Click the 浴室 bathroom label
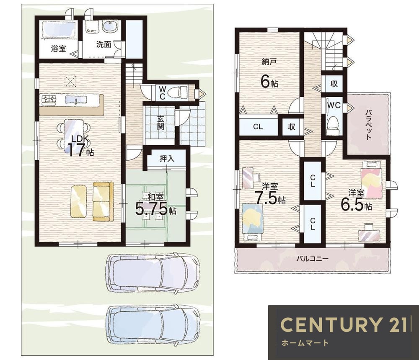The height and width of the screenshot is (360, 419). [x=58, y=49]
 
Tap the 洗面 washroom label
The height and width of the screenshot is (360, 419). [x=103, y=44]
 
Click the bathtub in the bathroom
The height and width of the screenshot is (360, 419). [x=59, y=29]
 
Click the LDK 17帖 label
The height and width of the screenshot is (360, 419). [x=78, y=146]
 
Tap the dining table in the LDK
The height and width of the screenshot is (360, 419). [x=73, y=136]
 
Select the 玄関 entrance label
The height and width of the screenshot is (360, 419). [x=160, y=123]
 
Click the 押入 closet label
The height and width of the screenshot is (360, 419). [x=167, y=159]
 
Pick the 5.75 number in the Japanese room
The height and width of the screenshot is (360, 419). [x=151, y=208]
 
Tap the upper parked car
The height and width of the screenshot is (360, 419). [x=153, y=273]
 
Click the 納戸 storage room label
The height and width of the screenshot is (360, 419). [x=269, y=62]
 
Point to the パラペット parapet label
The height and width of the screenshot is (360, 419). [x=369, y=124]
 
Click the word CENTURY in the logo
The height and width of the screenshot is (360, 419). [x=331, y=325]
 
